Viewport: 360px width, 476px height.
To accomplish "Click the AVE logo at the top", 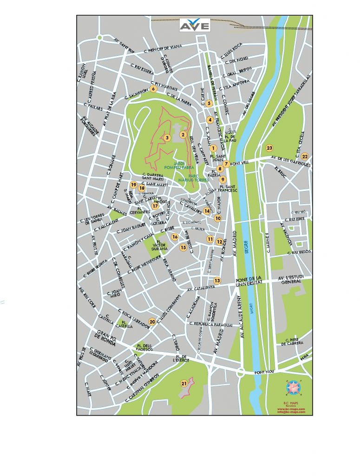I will point(195,25).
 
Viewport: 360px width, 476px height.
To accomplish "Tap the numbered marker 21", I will point(184,383).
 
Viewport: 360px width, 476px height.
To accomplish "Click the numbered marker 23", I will point(269,148).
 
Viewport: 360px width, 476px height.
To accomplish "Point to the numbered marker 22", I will point(304,156).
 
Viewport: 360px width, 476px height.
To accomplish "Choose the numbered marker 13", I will point(217,281).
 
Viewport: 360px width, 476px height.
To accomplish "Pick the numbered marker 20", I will point(152,321).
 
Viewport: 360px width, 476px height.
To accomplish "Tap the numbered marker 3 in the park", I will point(167,137).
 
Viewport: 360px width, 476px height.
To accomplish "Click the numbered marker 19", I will point(133,185).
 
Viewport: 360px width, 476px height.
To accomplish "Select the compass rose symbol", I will point(293,387).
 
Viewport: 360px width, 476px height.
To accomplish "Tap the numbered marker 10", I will point(217,218).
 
